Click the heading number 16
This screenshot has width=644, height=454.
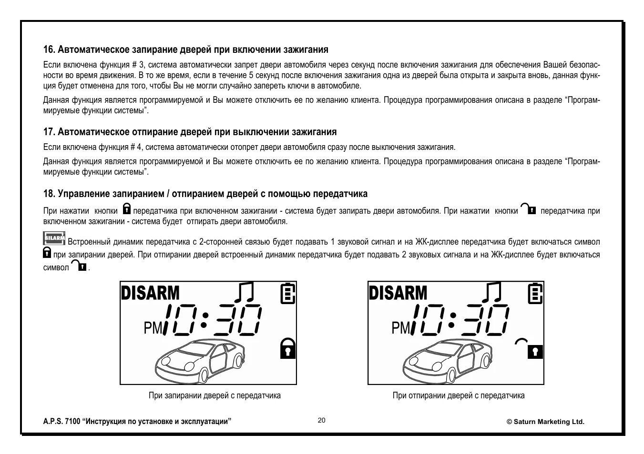[x=49, y=49]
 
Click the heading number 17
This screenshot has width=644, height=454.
[x=49, y=132]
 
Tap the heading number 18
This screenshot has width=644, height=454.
[x=49, y=194]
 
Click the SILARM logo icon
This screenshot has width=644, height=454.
[x=54, y=238]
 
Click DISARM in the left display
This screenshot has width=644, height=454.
[x=150, y=293]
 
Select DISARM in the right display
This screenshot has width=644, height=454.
[x=398, y=293]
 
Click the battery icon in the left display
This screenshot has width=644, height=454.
[x=287, y=293]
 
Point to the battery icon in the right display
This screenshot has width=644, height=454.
[x=535, y=293]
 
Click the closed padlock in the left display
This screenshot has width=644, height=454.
[x=287, y=348]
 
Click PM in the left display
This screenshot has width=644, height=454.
[x=153, y=328]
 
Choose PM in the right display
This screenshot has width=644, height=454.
[x=401, y=328]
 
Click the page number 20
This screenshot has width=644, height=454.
[x=322, y=420]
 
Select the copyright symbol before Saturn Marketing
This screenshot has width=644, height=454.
[x=509, y=422]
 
